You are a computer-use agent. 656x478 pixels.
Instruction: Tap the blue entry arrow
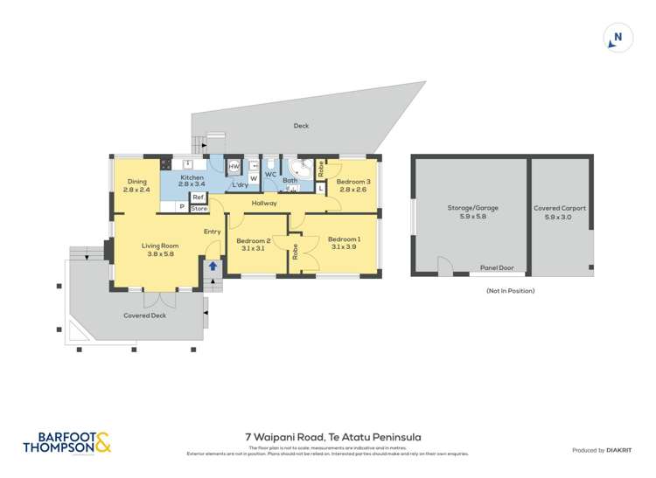pos(213,267)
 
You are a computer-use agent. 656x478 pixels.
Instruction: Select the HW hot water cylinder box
pos(234,168)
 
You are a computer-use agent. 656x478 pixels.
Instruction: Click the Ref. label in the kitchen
pos(199,197)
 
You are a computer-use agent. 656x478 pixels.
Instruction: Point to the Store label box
pos(199,208)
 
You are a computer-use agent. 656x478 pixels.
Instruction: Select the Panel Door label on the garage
pos(496,268)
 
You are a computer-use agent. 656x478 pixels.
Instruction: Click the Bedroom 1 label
pos(344,239)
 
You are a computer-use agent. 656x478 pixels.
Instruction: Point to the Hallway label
pos(264,204)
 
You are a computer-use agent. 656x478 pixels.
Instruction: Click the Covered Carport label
pos(560,209)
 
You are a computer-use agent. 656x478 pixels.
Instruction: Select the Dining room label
pos(136,182)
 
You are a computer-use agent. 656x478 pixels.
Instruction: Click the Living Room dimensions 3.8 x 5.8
pos(160,254)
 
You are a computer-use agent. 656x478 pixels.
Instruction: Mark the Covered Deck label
pos(144,315)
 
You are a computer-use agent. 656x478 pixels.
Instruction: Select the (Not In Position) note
pos(510,290)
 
